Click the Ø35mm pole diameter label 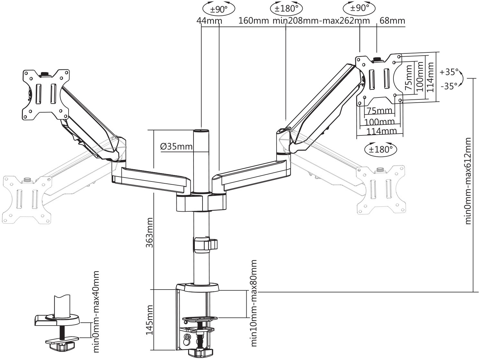click(176, 147)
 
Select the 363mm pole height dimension click(149, 232)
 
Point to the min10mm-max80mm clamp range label click(254, 303)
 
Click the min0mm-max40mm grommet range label click(96, 311)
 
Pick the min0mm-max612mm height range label click(468, 181)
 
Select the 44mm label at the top click(209, 21)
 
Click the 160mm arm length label click(253, 21)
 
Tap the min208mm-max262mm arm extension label click(321, 21)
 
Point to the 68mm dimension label click(392, 21)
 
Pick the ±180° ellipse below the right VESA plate click(381, 149)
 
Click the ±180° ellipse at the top click(287, 8)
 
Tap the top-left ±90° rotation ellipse click(219, 9)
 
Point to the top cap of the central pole click(201, 130)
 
